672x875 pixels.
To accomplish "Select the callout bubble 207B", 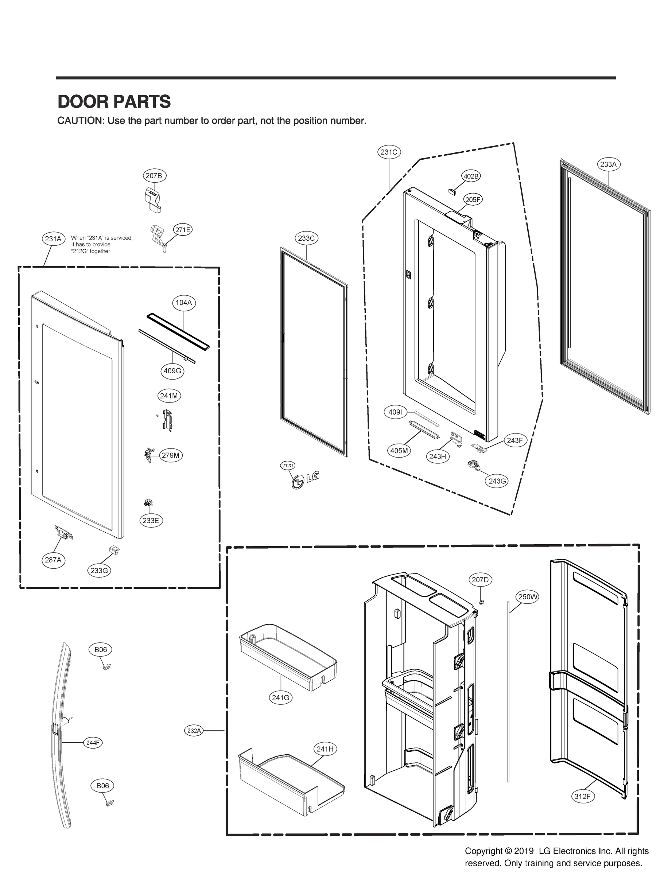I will tap(154, 176).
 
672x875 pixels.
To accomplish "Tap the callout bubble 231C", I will tap(389, 152).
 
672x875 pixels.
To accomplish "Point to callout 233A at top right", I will tap(609, 164).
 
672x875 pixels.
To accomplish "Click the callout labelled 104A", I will tap(184, 303).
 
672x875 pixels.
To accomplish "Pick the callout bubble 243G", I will tap(497, 481).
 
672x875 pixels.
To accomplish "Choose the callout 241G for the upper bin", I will tap(280, 698).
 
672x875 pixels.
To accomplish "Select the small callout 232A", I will tap(194, 731).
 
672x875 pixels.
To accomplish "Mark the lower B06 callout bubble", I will tap(102, 785).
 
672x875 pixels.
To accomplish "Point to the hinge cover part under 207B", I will tap(152, 199).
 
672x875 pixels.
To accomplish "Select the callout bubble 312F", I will tap(582, 796).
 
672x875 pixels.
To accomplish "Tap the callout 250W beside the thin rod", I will tap(528, 597).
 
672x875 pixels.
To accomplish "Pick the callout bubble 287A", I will tap(53, 560).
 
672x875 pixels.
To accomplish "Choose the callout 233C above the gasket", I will tap(306, 238).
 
